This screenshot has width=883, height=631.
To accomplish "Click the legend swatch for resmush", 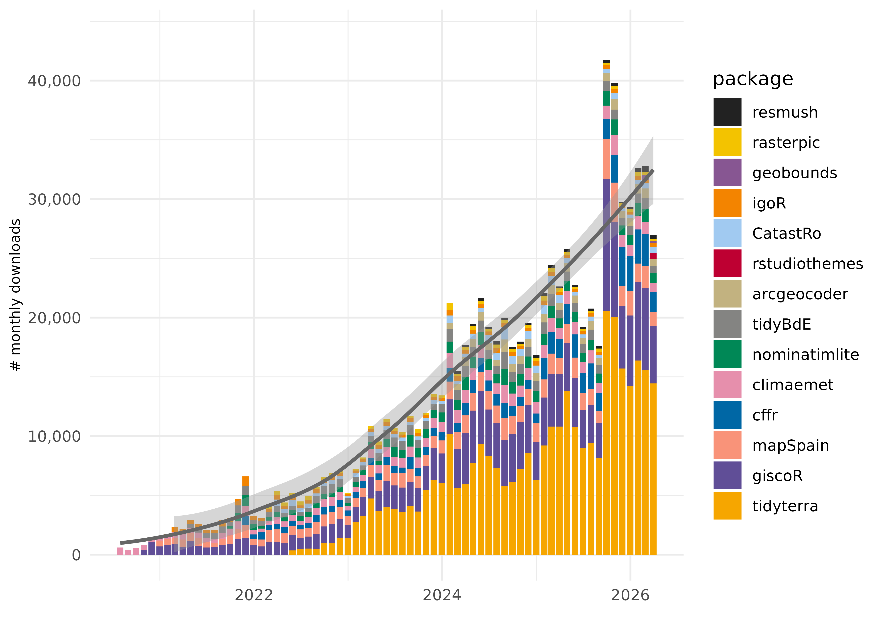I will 727,112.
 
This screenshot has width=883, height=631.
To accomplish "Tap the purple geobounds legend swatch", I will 727,172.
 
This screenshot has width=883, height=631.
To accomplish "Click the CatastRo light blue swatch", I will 727,233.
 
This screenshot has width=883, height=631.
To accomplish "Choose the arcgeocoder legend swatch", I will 727,294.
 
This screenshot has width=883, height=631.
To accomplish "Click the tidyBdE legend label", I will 781,324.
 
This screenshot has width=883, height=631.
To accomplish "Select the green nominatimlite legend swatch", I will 727,354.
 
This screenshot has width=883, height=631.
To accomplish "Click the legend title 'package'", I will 752,79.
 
